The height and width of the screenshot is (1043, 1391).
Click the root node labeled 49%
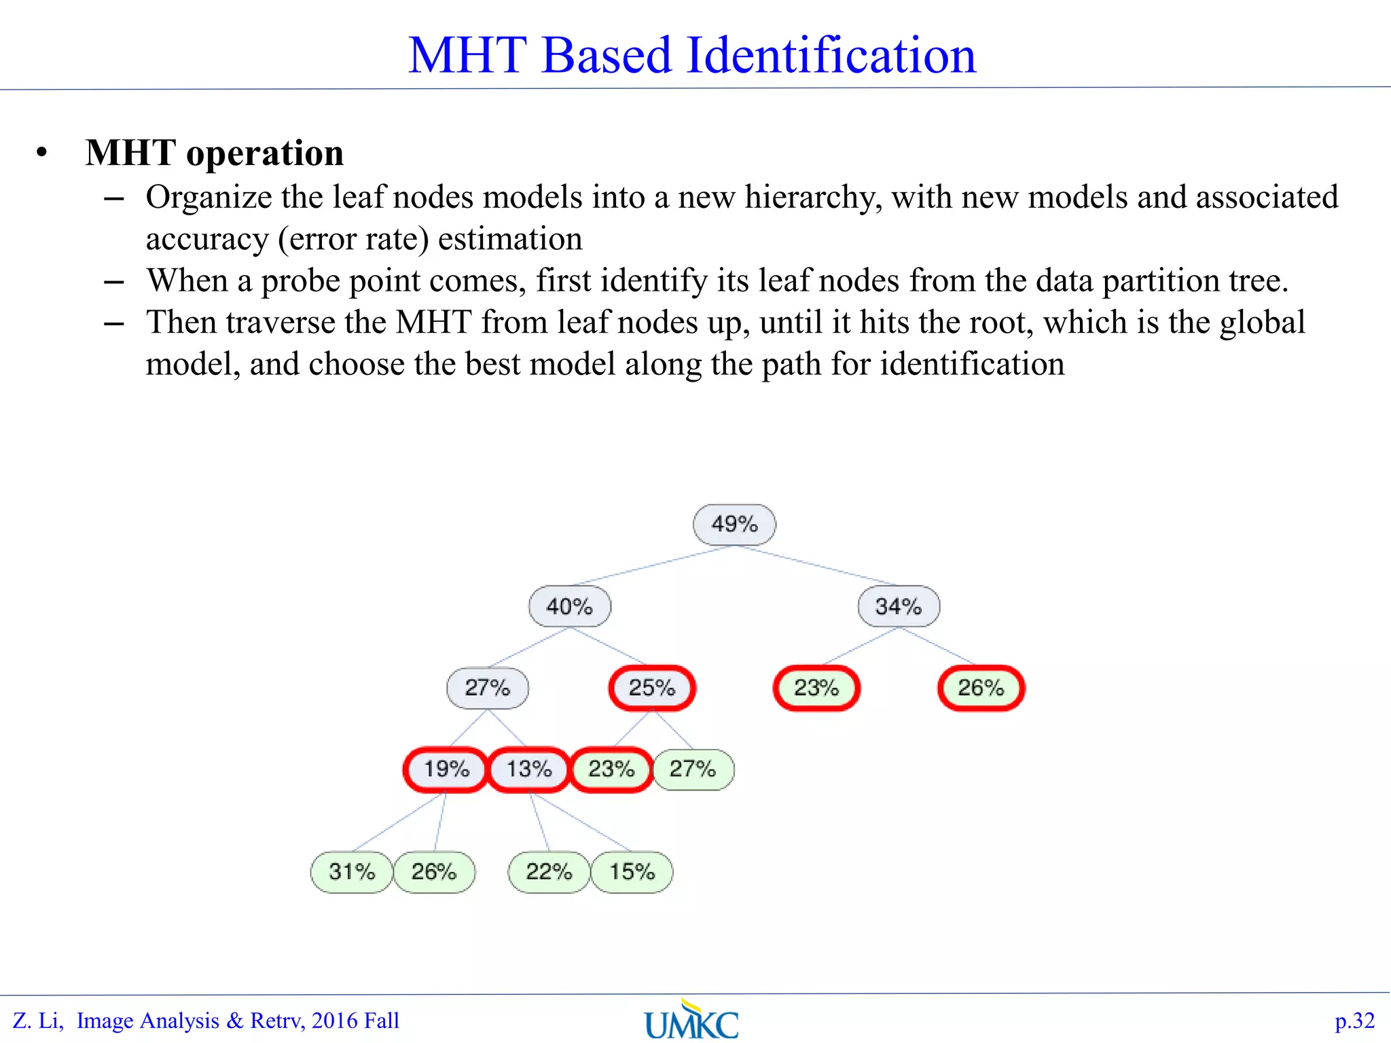[x=734, y=524]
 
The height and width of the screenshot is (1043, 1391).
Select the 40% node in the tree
[x=570, y=606]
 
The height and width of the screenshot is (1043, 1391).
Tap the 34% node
[x=899, y=606]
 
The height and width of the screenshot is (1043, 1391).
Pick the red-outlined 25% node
[x=652, y=688]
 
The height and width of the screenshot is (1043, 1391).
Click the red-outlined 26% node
[x=981, y=688]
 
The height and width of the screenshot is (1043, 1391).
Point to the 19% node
[x=446, y=769]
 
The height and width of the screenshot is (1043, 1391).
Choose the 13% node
[x=529, y=769]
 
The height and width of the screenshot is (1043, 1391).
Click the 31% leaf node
[x=352, y=872]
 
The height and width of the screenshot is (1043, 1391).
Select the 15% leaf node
[x=632, y=872]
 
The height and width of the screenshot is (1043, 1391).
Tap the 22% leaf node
[x=549, y=872]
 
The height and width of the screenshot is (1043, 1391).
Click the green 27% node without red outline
[x=693, y=769]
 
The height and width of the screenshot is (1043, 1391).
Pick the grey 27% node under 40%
[x=488, y=688]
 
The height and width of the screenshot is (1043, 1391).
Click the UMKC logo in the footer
[x=691, y=1021]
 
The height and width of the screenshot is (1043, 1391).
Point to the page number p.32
[x=1354, y=1021]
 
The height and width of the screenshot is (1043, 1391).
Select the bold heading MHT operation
[x=215, y=153]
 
